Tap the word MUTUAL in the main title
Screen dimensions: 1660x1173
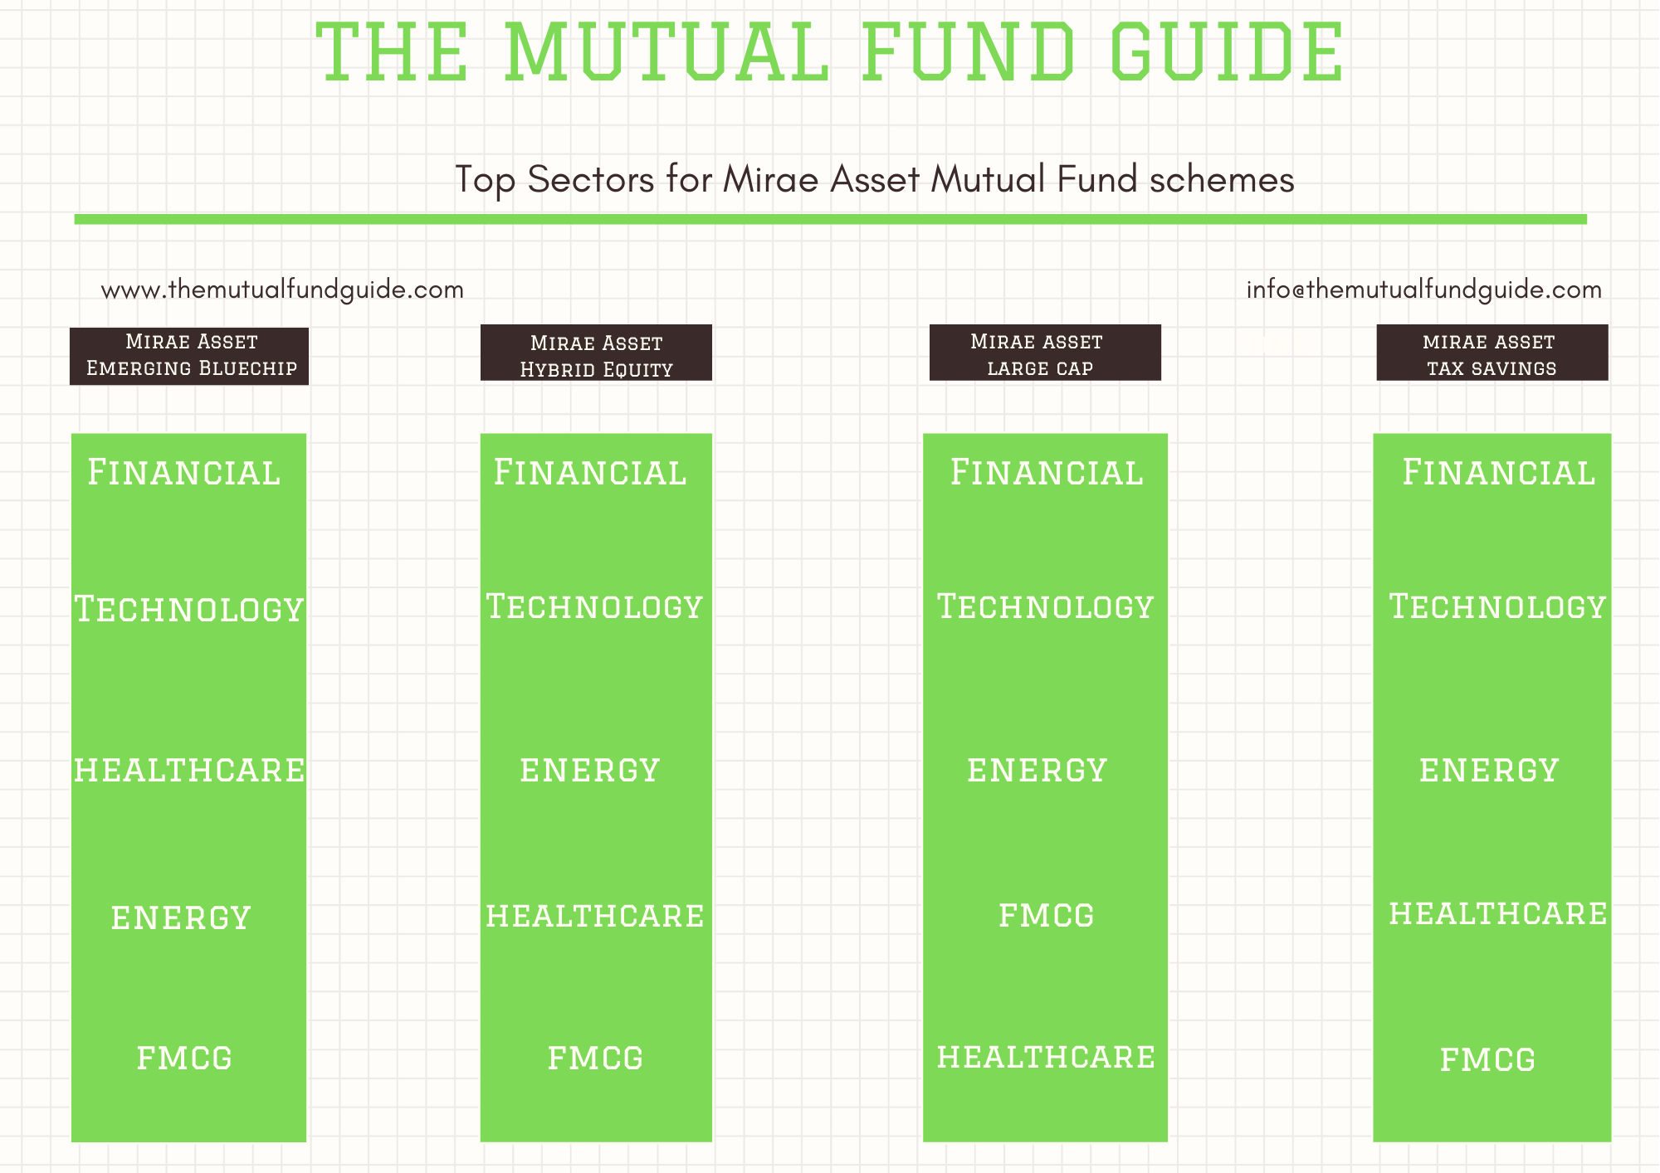[666, 52]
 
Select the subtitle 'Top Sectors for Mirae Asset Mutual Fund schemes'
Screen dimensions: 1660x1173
[875, 179]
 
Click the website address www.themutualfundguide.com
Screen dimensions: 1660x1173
[282, 290]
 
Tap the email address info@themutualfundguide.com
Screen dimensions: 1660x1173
[1424, 290]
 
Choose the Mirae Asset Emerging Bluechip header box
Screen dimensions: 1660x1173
[189, 356]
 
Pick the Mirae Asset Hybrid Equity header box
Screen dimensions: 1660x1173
[596, 353]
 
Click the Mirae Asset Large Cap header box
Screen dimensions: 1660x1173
[1045, 353]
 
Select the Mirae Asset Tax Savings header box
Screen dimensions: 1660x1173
[1492, 353]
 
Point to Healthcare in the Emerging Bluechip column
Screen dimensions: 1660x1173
[189, 770]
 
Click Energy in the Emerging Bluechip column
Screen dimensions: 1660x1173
[181, 917]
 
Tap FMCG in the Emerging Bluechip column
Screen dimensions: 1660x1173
[184, 1058]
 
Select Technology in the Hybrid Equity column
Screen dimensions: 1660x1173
[594, 606]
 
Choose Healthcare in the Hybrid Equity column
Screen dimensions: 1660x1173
[595, 916]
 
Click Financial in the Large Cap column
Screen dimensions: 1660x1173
[1047, 472]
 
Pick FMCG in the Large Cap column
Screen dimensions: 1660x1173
[1047, 916]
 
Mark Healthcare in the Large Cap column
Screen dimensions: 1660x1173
[1046, 1057]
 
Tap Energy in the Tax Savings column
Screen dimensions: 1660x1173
[1489, 770]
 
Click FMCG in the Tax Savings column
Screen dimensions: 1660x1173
[1487, 1059]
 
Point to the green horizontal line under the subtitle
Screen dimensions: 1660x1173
[831, 219]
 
